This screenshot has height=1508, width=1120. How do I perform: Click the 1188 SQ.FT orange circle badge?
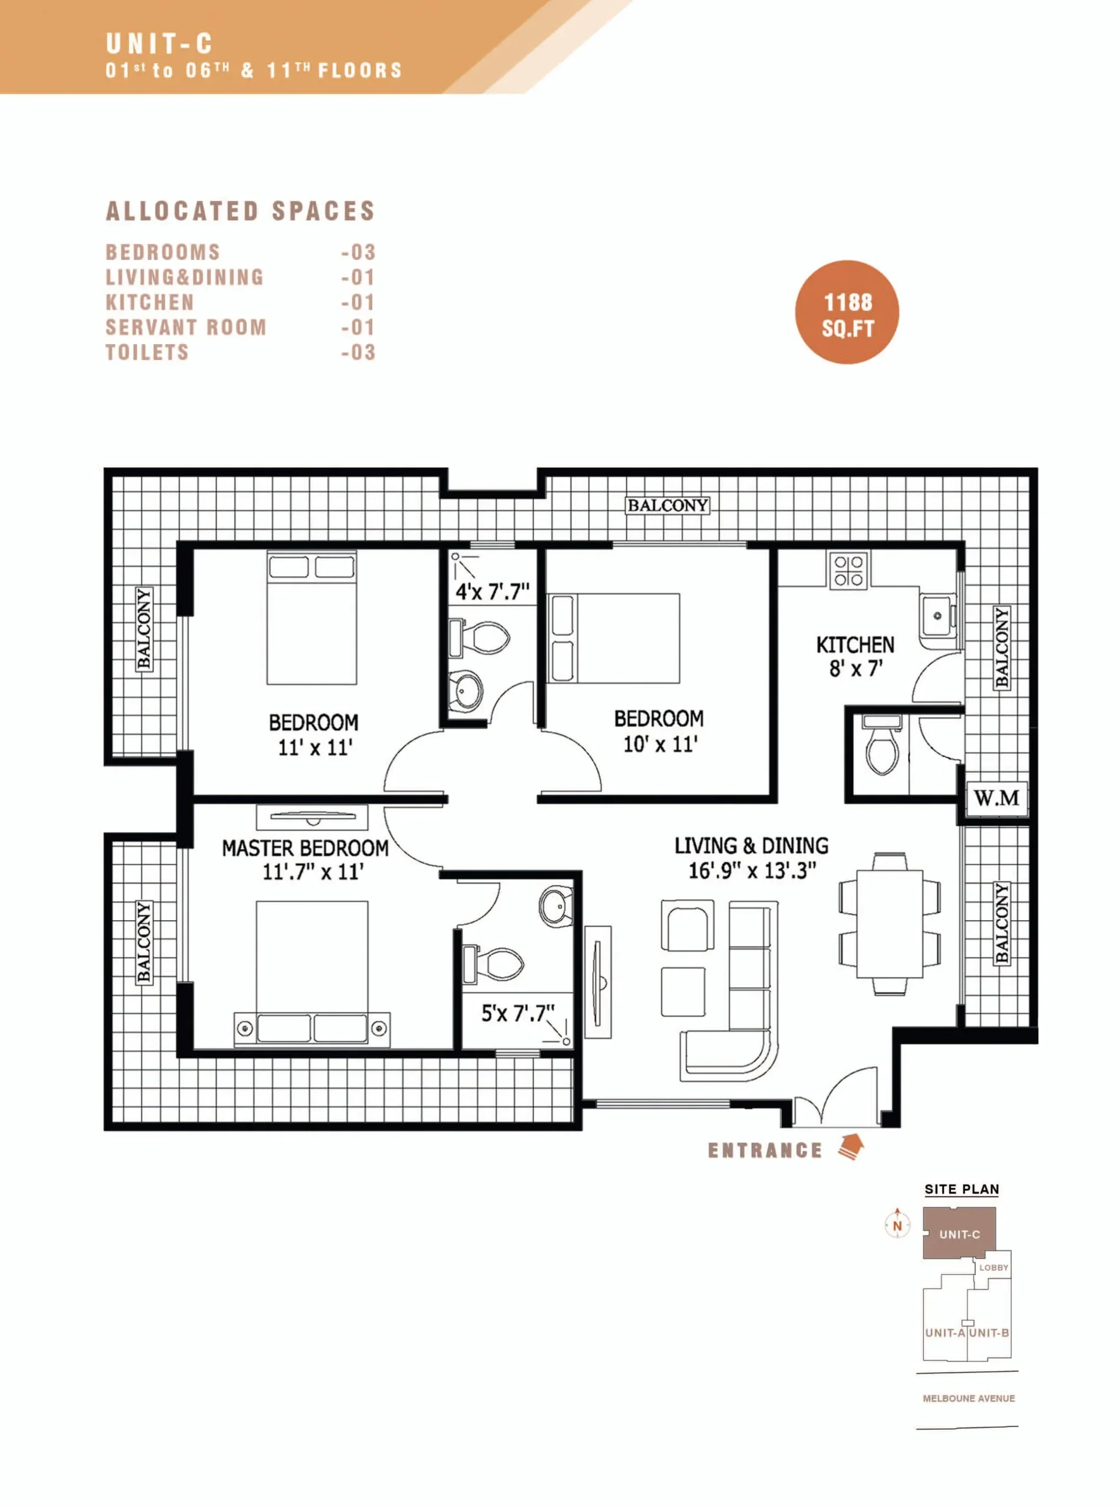tap(847, 312)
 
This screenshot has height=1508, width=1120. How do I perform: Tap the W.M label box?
tap(996, 798)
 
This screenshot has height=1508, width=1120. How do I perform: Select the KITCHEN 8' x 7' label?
tap(855, 656)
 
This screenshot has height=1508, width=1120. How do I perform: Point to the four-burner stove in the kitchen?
tap(848, 571)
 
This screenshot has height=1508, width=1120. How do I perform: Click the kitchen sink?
tap(939, 616)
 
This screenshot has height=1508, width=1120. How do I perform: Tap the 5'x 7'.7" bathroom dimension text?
tap(518, 1013)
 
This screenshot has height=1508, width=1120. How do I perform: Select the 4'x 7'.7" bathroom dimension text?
tap(492, 591)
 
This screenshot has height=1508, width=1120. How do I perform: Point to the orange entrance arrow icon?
tap(851, 1147)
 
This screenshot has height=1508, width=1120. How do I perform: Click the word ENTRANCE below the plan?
tap(765, 1150)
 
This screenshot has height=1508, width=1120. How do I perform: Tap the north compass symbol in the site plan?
tap(897, 1224)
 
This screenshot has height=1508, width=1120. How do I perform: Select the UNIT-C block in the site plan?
tap(959, 1233)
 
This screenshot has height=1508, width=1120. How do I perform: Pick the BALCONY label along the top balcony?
tap(667, 505)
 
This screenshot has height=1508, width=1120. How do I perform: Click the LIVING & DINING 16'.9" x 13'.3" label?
tap(751, 857)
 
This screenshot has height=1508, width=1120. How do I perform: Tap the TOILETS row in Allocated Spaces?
tap(240, 352)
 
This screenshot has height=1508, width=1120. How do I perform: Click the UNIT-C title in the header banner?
tap(159, 45)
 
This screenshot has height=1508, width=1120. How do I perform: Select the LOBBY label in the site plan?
tap(993, 1268)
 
